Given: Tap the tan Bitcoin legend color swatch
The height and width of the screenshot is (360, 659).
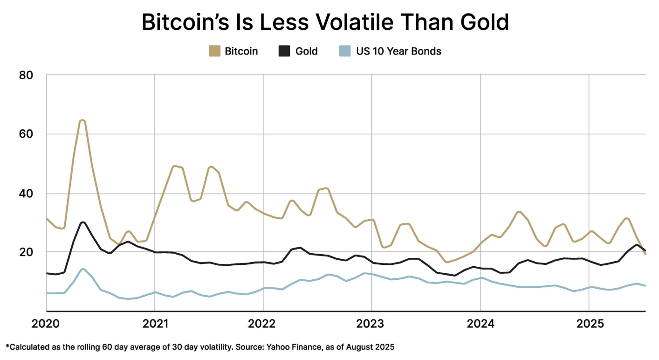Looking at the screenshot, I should [x=215, y=51].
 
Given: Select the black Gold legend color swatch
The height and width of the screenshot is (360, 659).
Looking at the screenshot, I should [x=284, y=51].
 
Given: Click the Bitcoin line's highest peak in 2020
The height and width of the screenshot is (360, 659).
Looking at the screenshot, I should [x=82, y=121].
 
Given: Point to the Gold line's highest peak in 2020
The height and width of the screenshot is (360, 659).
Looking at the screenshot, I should [x=83, y=222].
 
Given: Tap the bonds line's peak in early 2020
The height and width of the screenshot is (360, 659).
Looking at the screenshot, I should [x=83, y=269].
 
